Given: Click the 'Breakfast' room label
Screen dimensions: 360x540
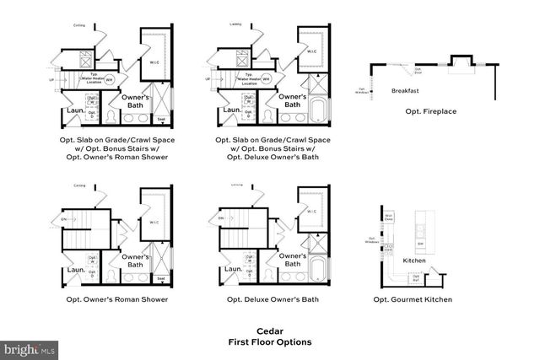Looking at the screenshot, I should pos(407,90).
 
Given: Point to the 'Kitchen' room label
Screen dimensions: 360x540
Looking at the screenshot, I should pos(413,261).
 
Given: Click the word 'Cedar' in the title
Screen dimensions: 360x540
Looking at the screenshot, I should pos(269,330).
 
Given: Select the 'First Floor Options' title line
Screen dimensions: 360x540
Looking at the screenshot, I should pos(269,342).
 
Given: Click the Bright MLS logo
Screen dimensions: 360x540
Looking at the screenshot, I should pos(30,347).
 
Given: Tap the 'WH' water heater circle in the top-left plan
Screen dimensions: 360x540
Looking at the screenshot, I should pos(110,79).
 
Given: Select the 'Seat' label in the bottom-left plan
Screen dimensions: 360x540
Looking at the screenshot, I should pos(161,277).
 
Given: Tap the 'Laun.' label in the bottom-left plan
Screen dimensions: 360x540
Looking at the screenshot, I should pos(73,271).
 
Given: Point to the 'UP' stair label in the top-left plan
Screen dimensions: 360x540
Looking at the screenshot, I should pos(53,80).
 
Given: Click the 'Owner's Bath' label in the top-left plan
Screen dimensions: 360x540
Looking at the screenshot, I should pos(136,101).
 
